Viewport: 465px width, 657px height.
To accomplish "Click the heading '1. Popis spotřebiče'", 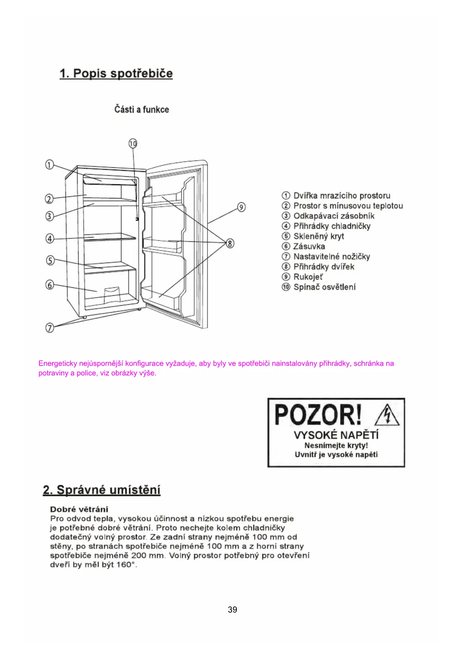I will (x=116, y=73).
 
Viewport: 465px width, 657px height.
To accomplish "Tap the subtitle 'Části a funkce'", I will (x=142, y=109).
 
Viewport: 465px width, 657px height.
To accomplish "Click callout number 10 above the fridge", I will (x=133, y=143).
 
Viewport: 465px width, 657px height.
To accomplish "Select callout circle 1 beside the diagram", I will (x=49, y=164).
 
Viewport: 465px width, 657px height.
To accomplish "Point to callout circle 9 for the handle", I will (x=242, y=207).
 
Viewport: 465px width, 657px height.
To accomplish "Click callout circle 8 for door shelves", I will (x=230, y=243).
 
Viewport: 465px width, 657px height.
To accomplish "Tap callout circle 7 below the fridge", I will (x=50, y=328).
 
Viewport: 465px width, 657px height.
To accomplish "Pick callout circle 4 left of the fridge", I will (x=50, y=238).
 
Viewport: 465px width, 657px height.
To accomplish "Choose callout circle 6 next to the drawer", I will (x=50, y=285).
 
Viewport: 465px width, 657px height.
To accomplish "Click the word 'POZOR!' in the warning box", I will (x=318, y=415).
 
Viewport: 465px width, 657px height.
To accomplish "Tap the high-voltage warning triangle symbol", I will (x=387, y=416).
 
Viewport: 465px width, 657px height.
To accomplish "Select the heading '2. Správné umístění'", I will (x=102, y=490).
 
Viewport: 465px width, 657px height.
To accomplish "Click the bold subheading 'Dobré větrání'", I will (x=79, y=509).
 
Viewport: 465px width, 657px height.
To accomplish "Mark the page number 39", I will (x=232, y=610).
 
